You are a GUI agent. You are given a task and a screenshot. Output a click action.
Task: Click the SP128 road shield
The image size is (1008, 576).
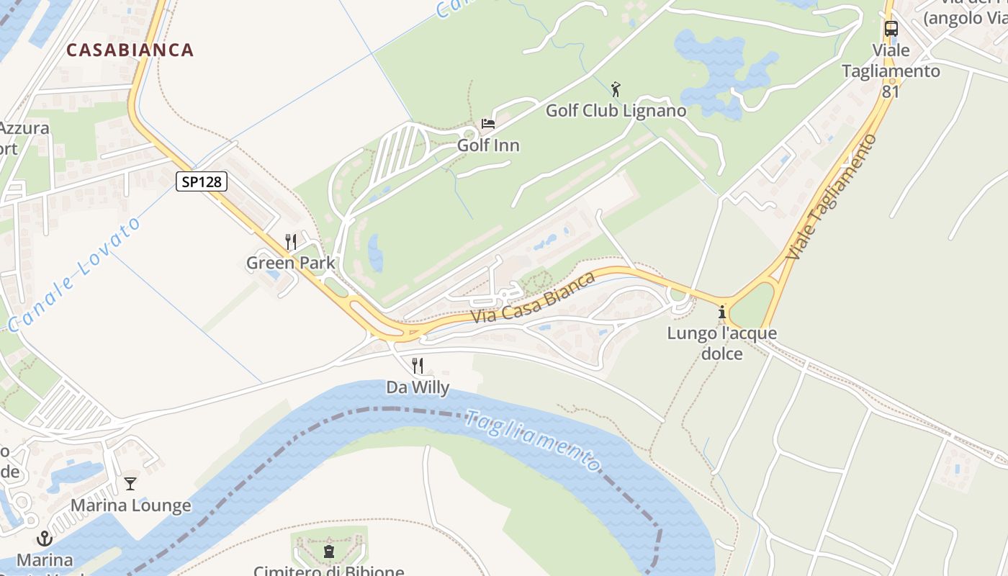202,181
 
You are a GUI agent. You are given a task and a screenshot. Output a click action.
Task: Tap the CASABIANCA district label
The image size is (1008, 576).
130,50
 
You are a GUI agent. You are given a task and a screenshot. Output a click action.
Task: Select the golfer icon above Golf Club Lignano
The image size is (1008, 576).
616,90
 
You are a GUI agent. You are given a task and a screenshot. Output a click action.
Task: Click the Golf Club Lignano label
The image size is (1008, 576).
616,111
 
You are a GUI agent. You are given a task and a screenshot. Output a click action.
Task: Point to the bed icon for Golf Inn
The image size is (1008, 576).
488,123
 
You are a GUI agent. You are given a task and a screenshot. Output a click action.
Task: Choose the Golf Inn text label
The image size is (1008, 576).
488,145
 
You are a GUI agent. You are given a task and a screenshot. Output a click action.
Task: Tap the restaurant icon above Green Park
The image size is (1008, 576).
291,242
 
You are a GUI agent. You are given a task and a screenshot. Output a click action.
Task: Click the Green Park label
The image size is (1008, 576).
291,263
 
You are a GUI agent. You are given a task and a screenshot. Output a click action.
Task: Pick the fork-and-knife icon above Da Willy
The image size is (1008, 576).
418,366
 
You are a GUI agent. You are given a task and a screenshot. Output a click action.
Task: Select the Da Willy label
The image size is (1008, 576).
418,387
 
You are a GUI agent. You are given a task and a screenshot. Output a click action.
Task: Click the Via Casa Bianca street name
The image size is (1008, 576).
534,297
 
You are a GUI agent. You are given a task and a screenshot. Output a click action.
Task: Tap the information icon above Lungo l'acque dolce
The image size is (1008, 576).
721,312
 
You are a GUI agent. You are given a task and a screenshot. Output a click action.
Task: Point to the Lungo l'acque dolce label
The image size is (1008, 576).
721,343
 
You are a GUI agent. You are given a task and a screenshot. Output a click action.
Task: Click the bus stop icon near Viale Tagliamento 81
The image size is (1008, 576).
891,30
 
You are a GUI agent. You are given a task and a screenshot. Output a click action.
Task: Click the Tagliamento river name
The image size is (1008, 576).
533,440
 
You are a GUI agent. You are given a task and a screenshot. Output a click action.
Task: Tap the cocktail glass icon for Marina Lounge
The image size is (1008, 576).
130,484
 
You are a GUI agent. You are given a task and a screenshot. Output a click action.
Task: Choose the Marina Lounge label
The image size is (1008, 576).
130,505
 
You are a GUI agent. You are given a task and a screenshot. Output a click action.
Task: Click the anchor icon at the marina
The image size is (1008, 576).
45,539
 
